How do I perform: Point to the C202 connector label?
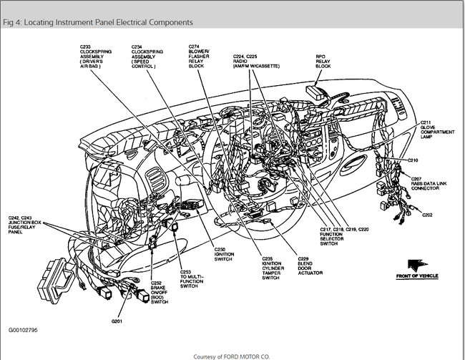[x=426, y=214]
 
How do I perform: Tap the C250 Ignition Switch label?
[x=224, y=256]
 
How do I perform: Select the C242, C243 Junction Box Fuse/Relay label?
[x=25, y=228]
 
